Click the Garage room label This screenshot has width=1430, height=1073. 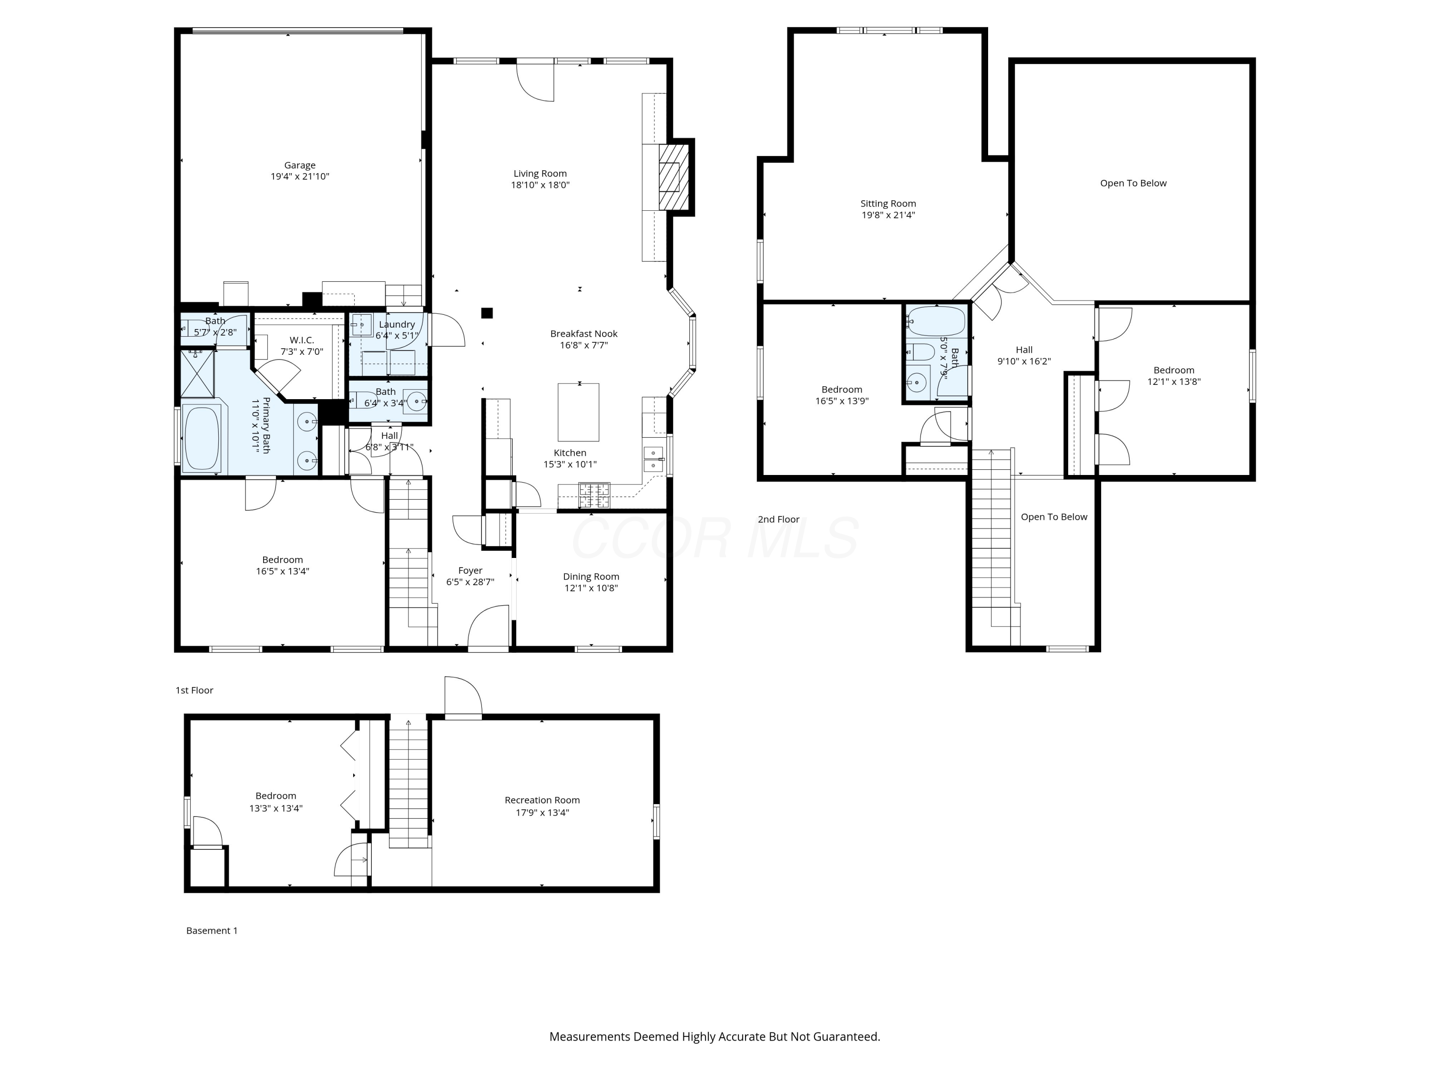click(x=299, y=165)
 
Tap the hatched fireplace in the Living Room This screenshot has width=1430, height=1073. click(x=672, y=176)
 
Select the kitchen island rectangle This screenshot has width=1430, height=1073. click(x=579, y=412)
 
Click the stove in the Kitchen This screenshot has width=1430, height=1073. click(x=593, y=495)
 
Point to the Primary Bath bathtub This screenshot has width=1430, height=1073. click(x=203, y=437)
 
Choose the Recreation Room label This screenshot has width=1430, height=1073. click(x=542, y=800)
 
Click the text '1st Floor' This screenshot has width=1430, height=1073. click(x=194, y=690)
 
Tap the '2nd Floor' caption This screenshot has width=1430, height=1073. click(x=778, y=519)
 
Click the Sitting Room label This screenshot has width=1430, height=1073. click(x=888, y=203)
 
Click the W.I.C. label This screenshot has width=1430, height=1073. click(x=301, y=340)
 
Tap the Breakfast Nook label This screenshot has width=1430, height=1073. click(x=584, y=334)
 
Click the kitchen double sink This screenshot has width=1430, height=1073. click(x=653, y=459)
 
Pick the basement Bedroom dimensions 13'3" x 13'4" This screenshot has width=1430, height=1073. click(x=276, y=808)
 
